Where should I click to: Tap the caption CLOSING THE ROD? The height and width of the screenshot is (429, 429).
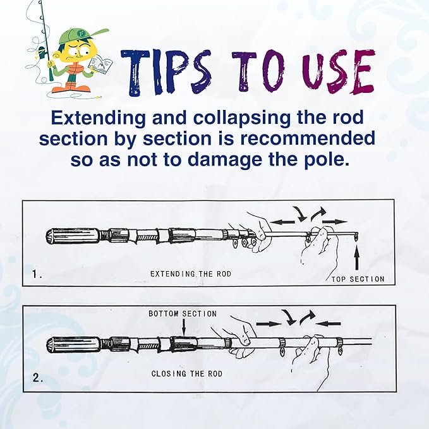point(186,373)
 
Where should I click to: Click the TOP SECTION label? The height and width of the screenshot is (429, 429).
point(358,279)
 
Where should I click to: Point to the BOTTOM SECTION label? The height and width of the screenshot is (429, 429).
point(183,313)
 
